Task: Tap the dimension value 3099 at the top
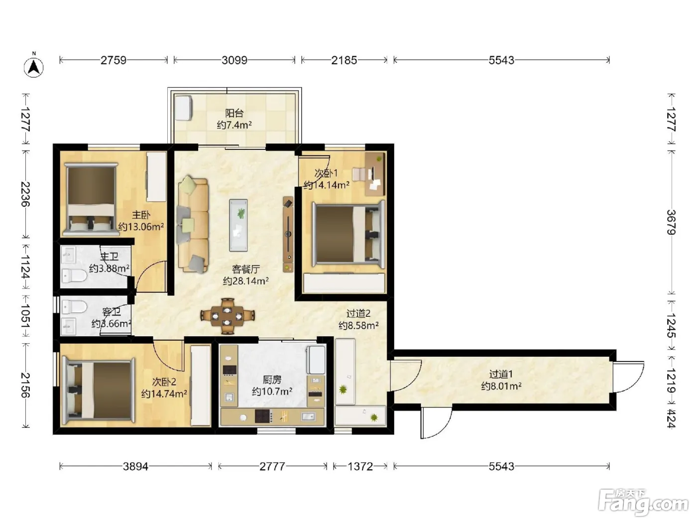pos(234,60)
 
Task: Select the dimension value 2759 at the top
pos(114,60)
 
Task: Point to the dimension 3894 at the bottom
pos(135,466)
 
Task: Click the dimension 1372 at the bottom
pos(360,466)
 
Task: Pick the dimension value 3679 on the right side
pos(671,222)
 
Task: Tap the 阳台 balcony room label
pos(234,113)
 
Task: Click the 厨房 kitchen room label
pos(272,380)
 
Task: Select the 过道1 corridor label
pos(501,374)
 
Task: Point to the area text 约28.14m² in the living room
pos(246,281)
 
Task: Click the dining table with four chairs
pos(228,316)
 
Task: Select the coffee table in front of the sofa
pos(238,225)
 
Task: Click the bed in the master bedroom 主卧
pos(91,199)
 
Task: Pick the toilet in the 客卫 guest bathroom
pos(74,307)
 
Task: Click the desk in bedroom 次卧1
pos(375,174)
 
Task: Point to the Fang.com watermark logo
pos(643,503)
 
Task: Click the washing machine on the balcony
pos(184,108)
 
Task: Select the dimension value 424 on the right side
pos(671,418)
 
